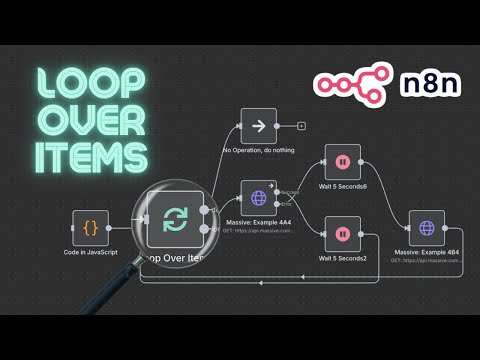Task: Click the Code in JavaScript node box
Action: (x=90, y=227)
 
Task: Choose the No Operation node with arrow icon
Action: (x=259, y=127)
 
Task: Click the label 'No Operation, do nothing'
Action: (x=259, y=151)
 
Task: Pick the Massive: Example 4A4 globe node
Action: (x=259, y=197)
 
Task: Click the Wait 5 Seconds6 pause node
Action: (x=342, y=161)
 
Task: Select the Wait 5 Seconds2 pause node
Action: (x=342, y=234)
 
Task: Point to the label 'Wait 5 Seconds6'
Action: (x=342, y=185)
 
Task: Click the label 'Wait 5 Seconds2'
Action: (x=342, y=258)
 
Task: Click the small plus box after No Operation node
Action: (x=301, y=127)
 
